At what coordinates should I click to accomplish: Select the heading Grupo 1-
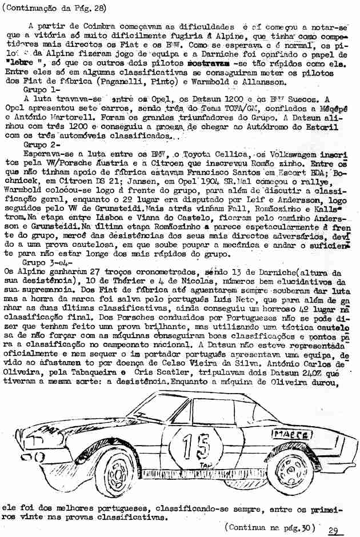(41, 90)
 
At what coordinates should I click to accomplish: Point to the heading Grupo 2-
(41, 146)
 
